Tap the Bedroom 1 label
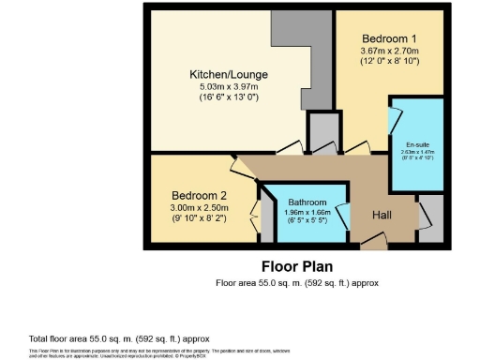382,37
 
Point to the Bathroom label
306,202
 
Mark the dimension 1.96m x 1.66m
306,213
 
